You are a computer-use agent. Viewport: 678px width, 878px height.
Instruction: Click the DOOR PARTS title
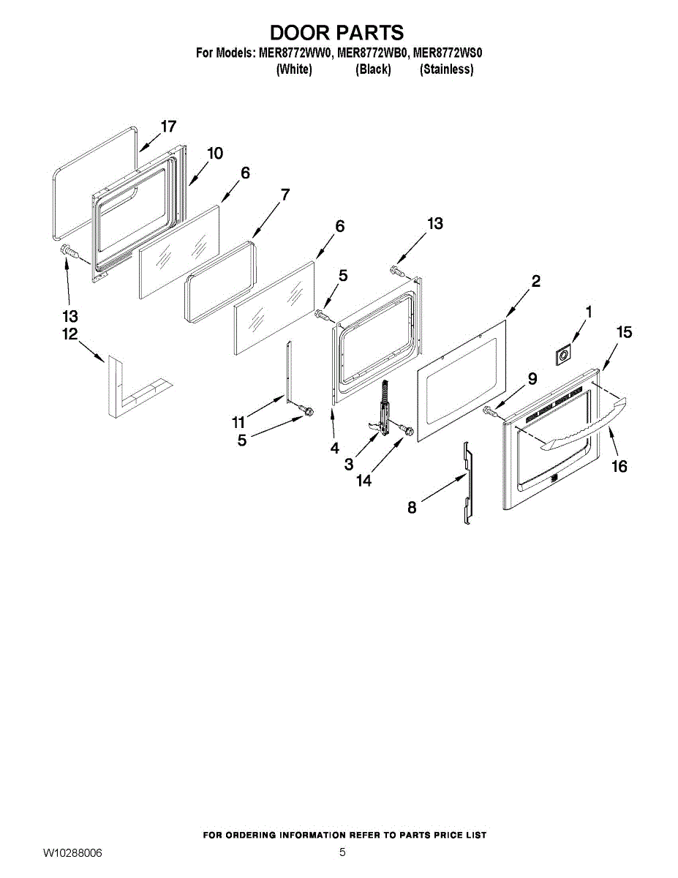click(336, 33)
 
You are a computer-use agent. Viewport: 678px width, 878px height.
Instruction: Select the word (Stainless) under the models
click(446, 70)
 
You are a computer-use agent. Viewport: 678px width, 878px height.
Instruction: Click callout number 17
click(168, 127)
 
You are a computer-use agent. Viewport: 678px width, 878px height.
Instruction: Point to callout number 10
click(214, 153)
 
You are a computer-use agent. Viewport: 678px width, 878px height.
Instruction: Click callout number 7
click(285, 195)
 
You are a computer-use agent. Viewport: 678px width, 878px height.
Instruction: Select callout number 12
click(69, 334)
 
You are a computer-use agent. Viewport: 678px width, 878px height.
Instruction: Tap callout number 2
click(536, 281)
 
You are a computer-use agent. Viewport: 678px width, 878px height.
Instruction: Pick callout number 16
click(619, 466)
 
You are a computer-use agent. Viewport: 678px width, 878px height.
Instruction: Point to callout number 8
click(412, 507)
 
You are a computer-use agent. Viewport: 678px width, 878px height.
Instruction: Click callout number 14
click(363, 481)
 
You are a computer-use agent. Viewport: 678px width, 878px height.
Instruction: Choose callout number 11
click(238, 422)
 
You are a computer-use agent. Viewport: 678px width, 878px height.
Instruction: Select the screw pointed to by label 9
click(490, 414)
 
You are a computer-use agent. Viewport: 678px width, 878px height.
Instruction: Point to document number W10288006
click(72, 853)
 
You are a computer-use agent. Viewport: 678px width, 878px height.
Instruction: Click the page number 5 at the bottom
click(342, 852)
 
